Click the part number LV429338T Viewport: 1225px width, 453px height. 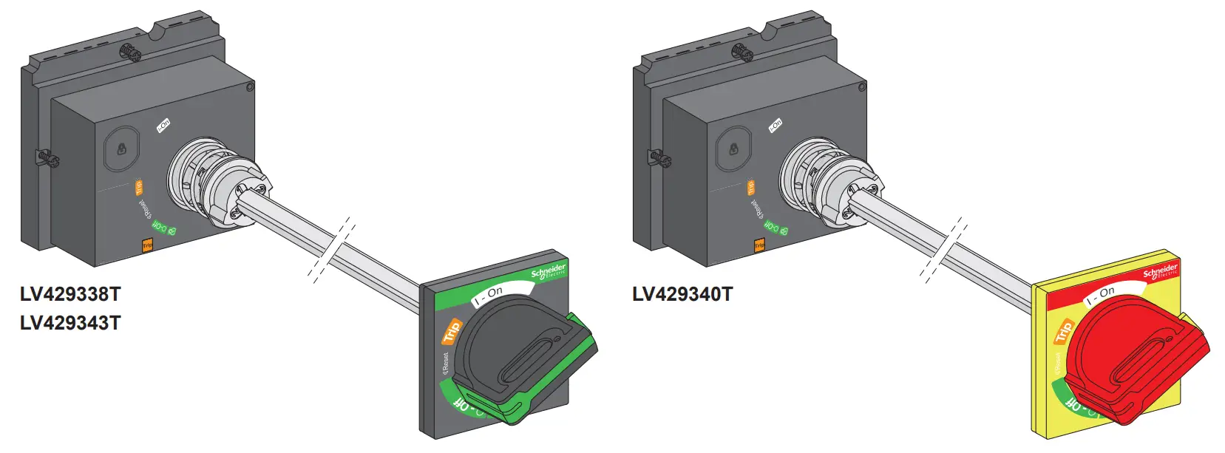click(x=70, y=294)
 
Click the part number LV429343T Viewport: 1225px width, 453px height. click(x=70, y=323)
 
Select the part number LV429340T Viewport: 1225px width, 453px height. click(x=682, y=294)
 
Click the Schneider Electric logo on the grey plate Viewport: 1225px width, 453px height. click(x=549, y=271)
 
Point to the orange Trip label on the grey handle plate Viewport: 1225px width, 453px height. click(x=451, y=330)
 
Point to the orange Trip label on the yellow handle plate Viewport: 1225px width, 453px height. click(x=1064, y=331)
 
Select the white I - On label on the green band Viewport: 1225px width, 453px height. click(x=489, y=296)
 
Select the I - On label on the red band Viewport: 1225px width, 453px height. click(x=1101, y=296)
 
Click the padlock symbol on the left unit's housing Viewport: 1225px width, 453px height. click(x=122, y=149)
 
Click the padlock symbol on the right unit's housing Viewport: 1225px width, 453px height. click(x=734, y=149)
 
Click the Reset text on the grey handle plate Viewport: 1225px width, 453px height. click(x=445, y=363)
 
